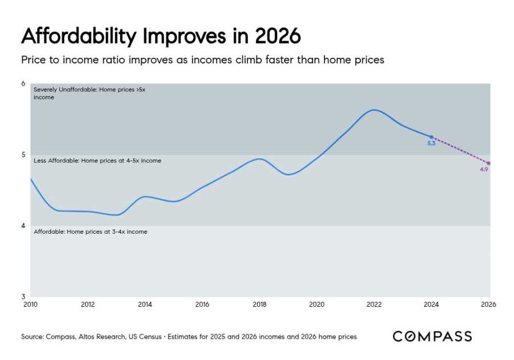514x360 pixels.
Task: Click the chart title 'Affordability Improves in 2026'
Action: click(x=160, y=36)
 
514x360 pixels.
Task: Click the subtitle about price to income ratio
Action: click(x=202, y=60)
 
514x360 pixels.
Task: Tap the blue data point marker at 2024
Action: click(x=431, y=137)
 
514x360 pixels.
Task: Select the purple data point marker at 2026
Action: click(x=488, y=163)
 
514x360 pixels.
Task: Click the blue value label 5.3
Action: click(x=431, y=144)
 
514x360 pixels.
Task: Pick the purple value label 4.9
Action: click(x=484, y=170)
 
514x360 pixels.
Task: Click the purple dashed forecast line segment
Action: click(x=460, y=150)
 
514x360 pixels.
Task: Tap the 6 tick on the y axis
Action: click(x=23, y=84)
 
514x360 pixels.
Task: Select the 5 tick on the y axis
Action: click(x=23, y=155)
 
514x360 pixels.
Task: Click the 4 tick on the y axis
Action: click(x=23, y=226)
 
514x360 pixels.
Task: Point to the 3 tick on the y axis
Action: click(x=23, y=297)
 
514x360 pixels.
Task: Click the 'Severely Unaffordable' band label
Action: click(x=90, y=93)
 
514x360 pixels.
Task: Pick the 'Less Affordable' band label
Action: click(x=97, y=161)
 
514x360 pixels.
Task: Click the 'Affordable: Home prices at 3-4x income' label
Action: click(x=90, y=232)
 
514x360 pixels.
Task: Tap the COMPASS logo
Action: click(x=432, y=337)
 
